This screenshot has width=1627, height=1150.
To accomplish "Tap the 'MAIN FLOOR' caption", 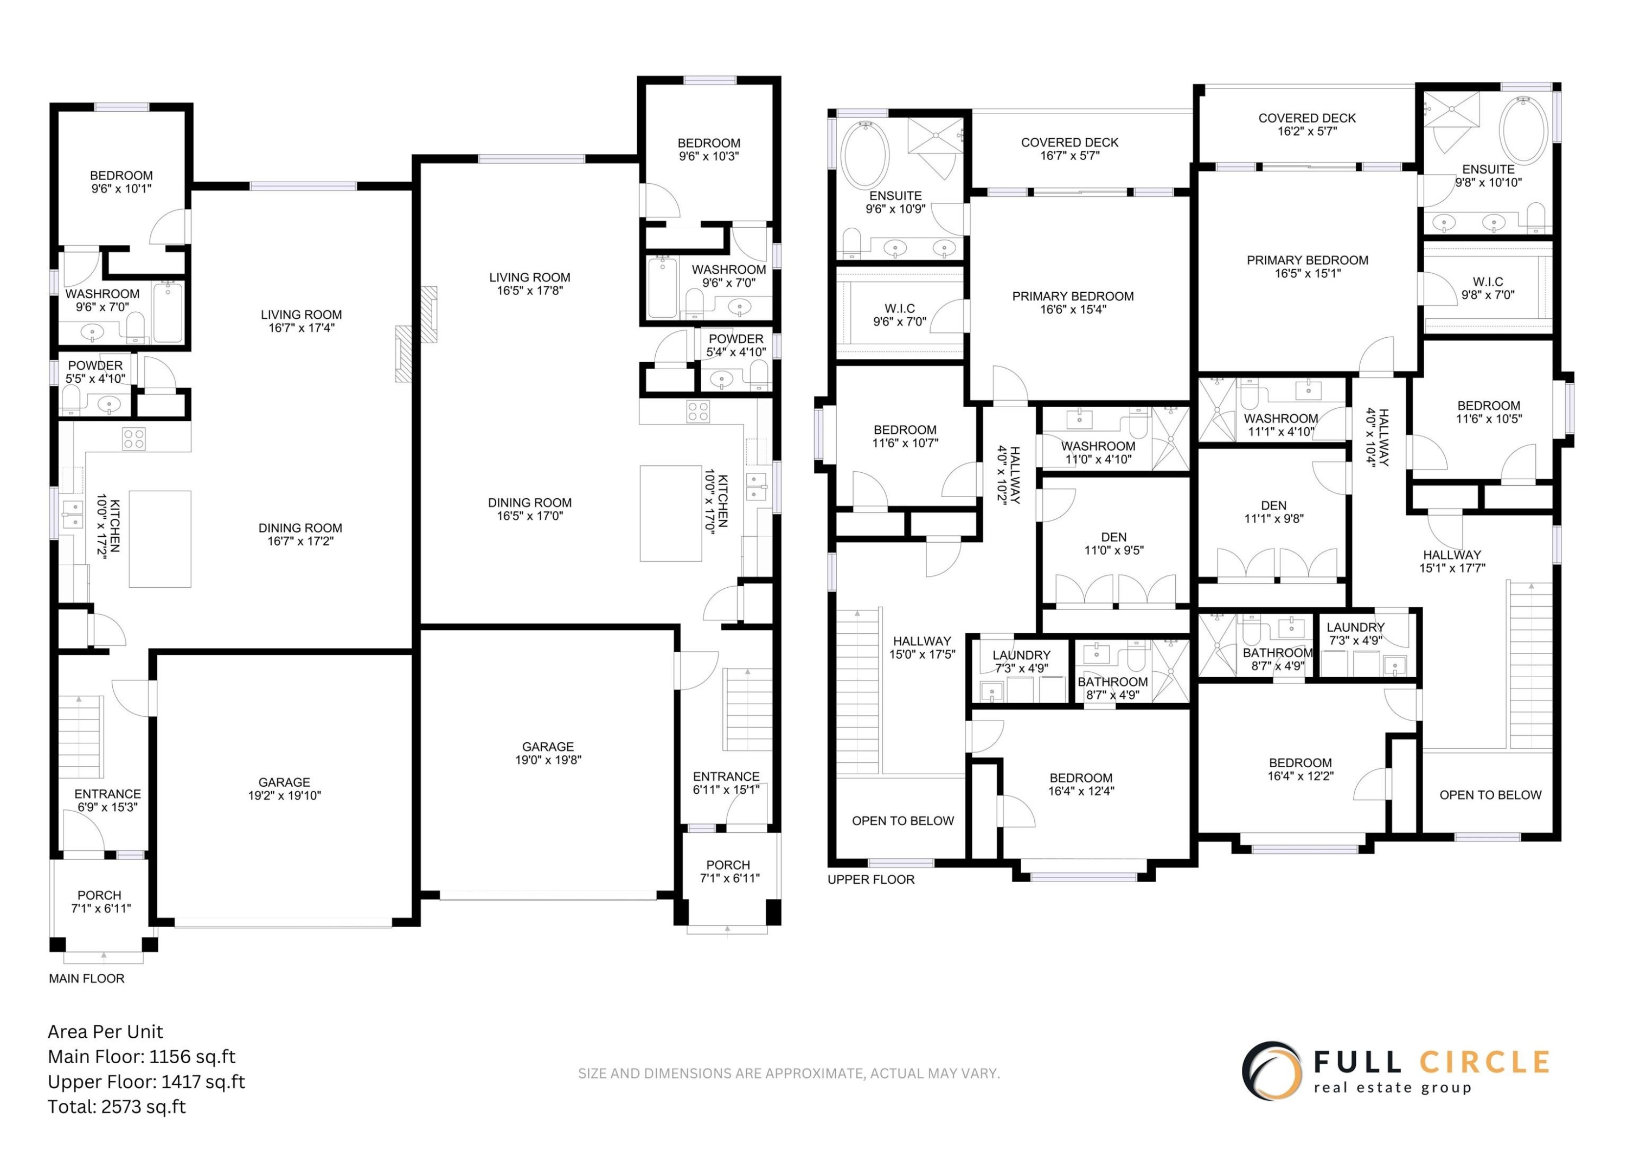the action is click(x=86, y=979).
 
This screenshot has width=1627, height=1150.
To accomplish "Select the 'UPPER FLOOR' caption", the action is click(x=871, y=879).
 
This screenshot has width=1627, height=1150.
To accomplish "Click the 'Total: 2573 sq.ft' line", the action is click(x=117, y=1107).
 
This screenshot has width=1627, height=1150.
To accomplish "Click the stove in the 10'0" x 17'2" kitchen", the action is click(x=134, y=439).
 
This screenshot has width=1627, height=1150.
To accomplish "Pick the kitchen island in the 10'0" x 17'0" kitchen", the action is click(x=670, y=513).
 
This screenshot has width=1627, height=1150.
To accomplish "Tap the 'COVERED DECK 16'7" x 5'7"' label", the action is click(x=1069, y=149).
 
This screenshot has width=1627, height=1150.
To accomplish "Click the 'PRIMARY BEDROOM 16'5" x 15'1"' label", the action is click(x=1308, y=266).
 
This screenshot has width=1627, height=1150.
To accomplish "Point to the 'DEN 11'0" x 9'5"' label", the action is click(x=1114, y=543).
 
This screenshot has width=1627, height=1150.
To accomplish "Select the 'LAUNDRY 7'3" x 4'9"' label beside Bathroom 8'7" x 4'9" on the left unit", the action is click(x=1021, y=661).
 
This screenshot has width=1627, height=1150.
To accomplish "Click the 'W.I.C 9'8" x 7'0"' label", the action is click(x=1488, y=288).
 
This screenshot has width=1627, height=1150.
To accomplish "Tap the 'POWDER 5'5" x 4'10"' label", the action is click(x=95, y=372).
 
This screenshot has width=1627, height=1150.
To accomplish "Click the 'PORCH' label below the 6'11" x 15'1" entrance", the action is click(x=728, y=865).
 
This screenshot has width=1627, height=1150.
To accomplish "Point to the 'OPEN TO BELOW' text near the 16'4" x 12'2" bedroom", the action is click(x=1490, y=795).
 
